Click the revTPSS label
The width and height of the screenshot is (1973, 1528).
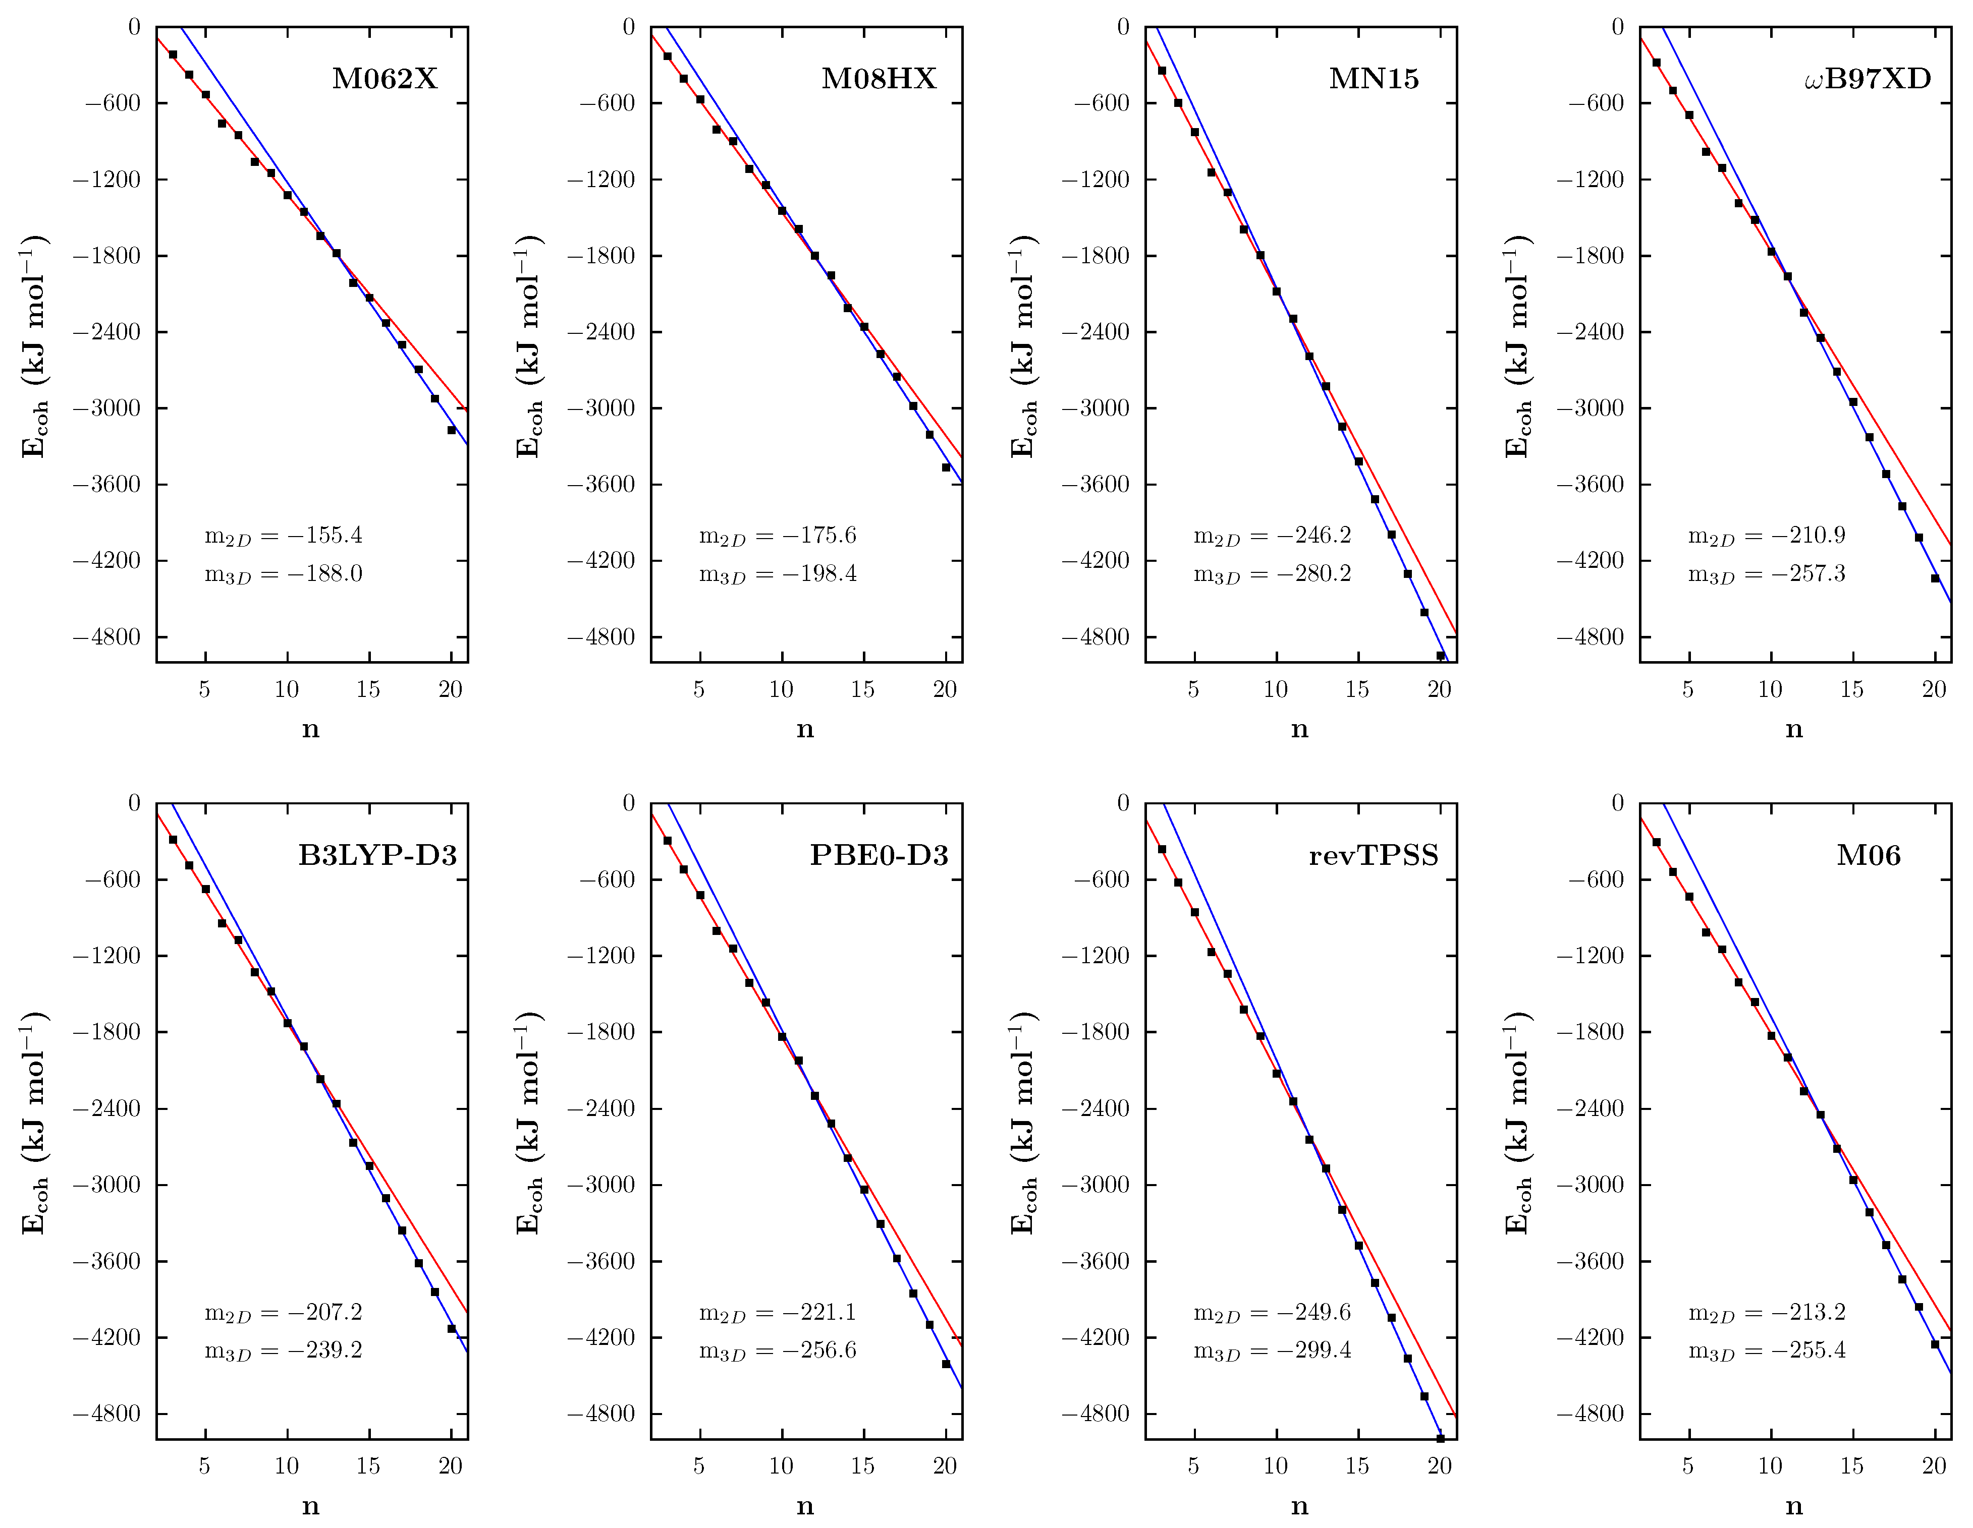[1373, 855]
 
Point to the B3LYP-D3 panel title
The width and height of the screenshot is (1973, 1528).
[377, 855]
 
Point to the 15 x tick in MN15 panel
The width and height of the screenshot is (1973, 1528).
[1357, 689]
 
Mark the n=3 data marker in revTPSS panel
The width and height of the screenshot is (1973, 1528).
[1162, 849]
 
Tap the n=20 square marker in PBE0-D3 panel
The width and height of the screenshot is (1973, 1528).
[946, 1364]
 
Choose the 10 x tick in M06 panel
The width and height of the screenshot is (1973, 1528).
[1770, 1465]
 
